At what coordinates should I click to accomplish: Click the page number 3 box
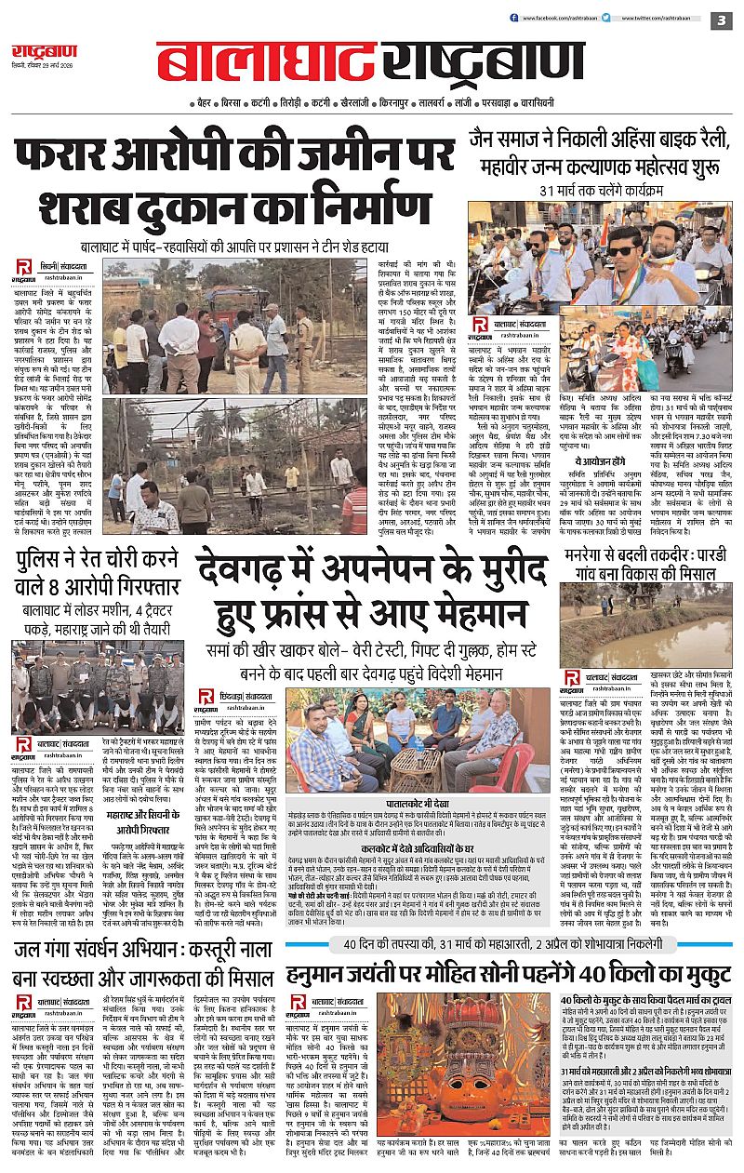click(x=721, y=20)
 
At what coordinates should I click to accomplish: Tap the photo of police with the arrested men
click(x=99, y=688)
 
